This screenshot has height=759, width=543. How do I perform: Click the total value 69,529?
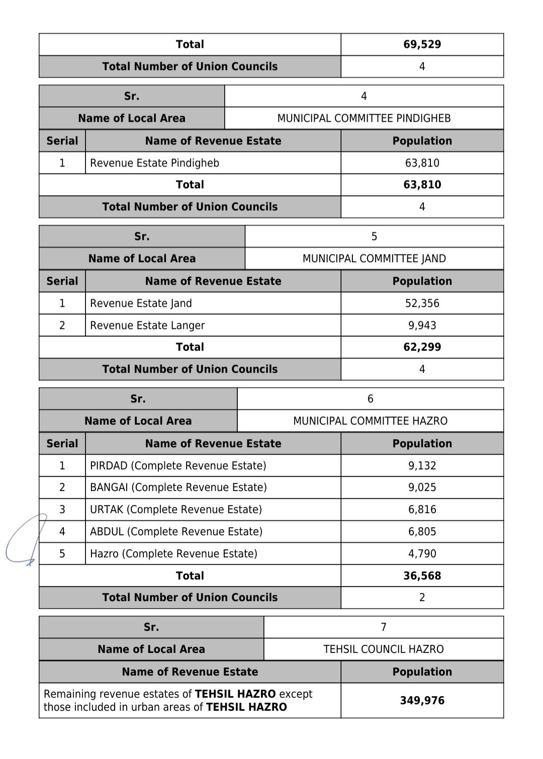click(422, 44)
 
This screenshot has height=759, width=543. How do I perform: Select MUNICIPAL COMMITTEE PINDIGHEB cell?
click(364, 118)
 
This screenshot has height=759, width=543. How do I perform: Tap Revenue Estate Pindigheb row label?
click(154, 163)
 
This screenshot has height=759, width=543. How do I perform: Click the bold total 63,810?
click(422, 185)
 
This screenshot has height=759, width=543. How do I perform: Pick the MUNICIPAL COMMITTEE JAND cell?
click(374, 259)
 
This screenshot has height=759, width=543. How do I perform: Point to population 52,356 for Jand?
click(422, 303)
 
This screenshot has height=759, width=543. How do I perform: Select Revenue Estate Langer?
click(147, 325)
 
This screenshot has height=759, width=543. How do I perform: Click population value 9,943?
click(422, 325)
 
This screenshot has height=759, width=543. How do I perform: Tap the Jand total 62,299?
click(422, 347)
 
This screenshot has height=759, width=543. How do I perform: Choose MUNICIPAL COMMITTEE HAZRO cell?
click(370, 421)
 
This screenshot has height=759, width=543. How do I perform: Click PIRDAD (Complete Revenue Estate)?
click(178, 466)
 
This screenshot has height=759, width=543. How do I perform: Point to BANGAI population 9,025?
click(422, 487)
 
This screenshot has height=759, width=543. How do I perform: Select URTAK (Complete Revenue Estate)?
click(176, 510)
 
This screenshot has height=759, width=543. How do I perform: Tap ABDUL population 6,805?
click(422, 532)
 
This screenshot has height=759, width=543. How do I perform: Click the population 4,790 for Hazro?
click(422, 554)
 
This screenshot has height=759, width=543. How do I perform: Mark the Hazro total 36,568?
click(422, 576)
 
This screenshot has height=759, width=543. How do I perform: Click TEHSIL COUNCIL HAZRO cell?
click(383, 649)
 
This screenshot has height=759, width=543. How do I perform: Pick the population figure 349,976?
click(422, 701)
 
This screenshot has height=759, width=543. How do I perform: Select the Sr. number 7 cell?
click(383, 627)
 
